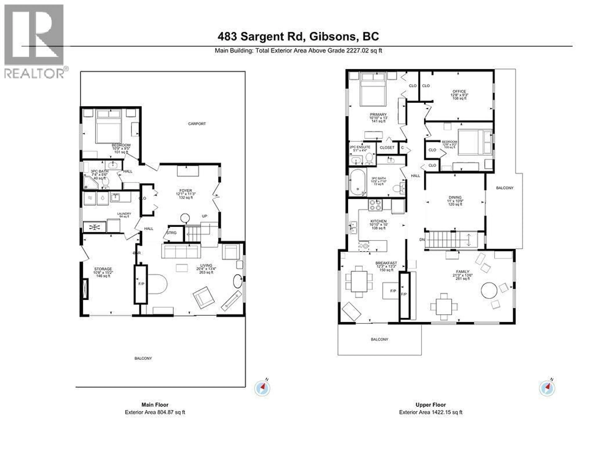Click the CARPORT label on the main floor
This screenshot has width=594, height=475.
[197, 124]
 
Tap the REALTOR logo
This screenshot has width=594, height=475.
[34, 41]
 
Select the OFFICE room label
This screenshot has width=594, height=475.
[459, 91]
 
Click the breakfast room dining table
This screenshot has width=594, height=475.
[359, 281]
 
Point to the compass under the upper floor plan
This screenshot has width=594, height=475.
[547, 388]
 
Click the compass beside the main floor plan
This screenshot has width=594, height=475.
[262, 388]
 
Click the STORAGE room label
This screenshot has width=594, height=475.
[103, 269]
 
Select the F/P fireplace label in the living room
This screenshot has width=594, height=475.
[141, 284]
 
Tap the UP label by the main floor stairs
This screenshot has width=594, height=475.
[204, 216]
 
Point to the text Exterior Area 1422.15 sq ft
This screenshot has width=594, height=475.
[431, 412]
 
